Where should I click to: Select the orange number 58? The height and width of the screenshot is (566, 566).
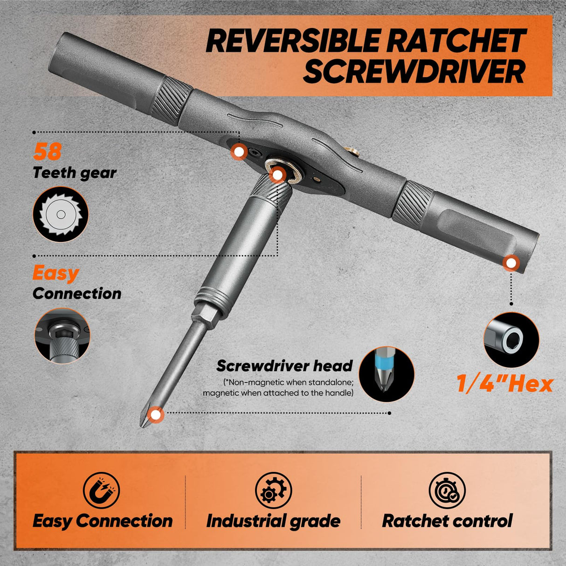pos(47,152)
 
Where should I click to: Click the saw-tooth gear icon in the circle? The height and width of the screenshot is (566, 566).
pos(61,214)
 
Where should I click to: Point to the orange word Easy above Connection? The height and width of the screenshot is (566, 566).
pos(56,273)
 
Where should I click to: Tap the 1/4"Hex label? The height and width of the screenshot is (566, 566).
pos(504,384)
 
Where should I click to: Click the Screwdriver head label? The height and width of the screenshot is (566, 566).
pos(284,366)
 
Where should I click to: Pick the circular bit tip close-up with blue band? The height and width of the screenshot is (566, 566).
pos(387,374)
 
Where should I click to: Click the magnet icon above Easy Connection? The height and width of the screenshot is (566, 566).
pos(102,491)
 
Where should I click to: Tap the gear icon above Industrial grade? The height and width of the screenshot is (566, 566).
pos(273,491)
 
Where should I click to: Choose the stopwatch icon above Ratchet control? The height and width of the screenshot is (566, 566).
pos(447,491)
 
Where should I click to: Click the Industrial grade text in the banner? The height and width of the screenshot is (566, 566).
pos(273,521)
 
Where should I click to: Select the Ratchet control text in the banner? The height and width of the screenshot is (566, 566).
pos(447,521)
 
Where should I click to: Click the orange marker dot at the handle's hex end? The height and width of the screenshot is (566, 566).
pos(511,263)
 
